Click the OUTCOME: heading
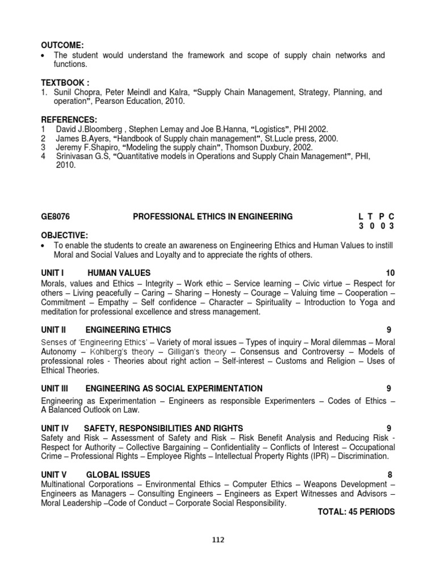click(62, 45)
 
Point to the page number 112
click(217, 540)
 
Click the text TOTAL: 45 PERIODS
click(356, 511)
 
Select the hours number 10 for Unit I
click(389, 273)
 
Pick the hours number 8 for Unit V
click(389, 474)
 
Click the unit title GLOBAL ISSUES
click(118, 474)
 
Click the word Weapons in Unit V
click(320, 484)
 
